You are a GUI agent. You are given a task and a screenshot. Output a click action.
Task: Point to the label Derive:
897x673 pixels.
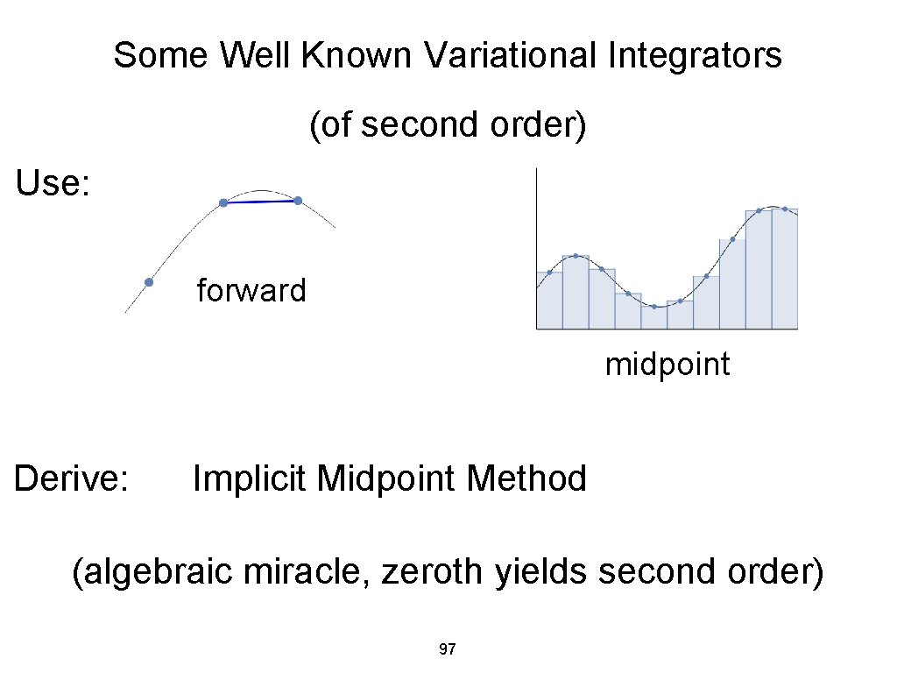73,478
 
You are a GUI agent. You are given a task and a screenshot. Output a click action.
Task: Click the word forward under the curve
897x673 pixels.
251,290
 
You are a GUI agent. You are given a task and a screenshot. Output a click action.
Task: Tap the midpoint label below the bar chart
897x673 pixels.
667,364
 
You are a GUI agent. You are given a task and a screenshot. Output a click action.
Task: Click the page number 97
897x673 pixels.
447,649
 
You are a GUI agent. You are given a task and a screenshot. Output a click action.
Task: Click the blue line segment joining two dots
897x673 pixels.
260,202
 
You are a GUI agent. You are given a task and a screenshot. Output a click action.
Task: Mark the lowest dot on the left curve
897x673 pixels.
149,282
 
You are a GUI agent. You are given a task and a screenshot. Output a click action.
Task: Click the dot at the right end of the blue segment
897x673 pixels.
298,201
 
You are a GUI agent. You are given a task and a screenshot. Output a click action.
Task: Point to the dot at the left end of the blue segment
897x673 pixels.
223,202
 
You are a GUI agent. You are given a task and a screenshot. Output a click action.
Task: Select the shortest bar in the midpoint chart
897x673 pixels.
653,317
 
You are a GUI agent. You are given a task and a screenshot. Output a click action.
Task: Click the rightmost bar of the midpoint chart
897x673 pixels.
784,269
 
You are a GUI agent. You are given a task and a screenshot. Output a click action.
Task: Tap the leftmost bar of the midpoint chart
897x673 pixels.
549,301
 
